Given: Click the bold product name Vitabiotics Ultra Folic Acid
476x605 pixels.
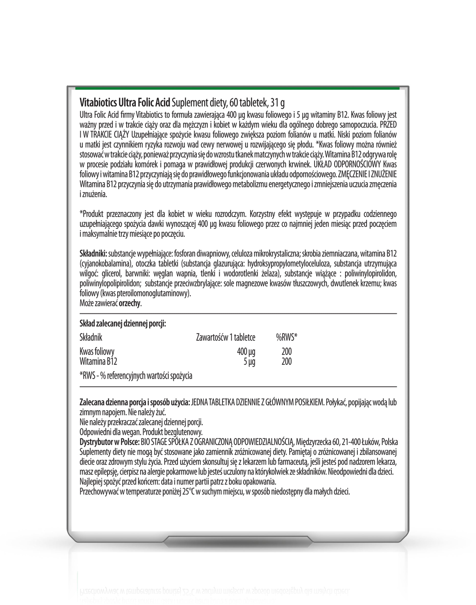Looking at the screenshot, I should coord(125,103).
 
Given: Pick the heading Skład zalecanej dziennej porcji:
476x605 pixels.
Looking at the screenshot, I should coord(123,324).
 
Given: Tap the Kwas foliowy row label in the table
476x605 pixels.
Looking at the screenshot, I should coord(97,352).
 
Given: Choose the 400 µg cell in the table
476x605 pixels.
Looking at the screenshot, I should coord(246,352).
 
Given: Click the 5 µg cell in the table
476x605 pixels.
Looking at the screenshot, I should coord(249,362).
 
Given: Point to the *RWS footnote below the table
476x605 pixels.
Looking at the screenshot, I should coord(136,376).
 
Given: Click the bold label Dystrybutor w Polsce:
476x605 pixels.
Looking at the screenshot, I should coord(109,442).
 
